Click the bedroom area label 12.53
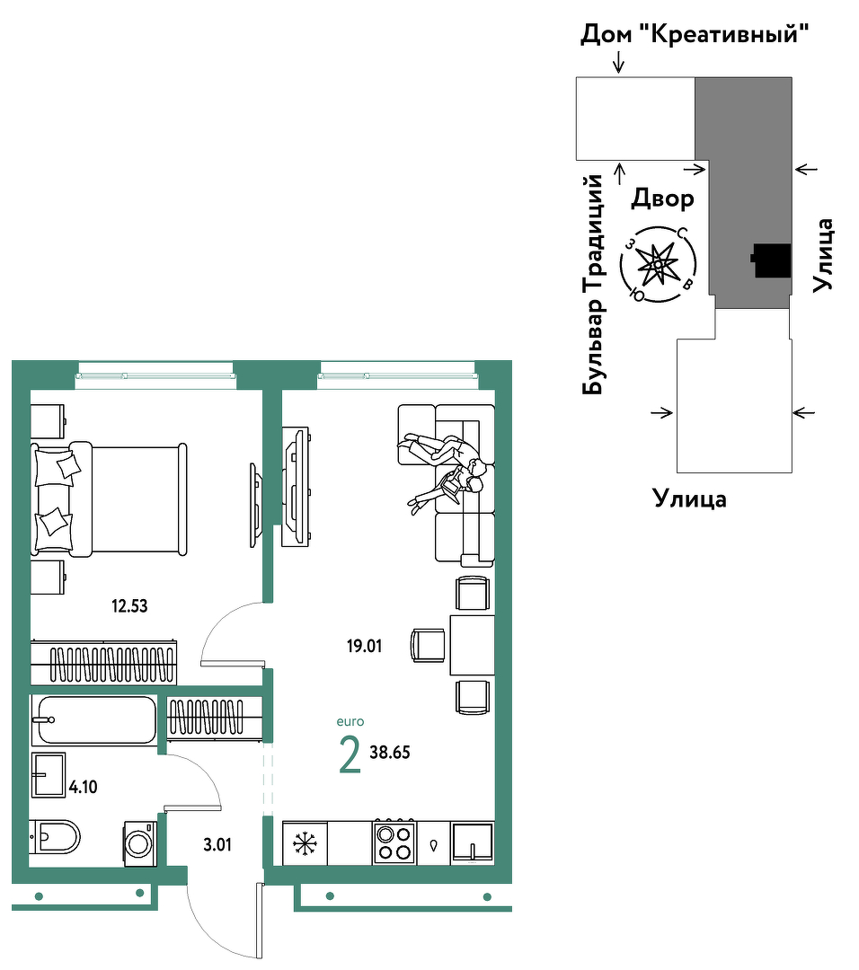(129, 605)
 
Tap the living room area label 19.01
(364, 647)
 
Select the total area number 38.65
(390, 753)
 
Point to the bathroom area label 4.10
(83, 787)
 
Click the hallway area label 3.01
(217, 844)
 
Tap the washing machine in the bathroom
(140, 843)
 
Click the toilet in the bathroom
(55, 837)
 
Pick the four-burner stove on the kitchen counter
(394, 842)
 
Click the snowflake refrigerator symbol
(305, 843)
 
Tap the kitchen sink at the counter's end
(473, 842)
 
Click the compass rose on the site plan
(658, 265)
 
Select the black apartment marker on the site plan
(772, 260)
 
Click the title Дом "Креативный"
(695, 34)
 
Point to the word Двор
(662, 198)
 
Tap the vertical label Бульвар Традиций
(593, 284)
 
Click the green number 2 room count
(350, 756)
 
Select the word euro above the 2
(350, 722)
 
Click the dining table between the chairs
(473, 645)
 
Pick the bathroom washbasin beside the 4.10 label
(49, 775)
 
